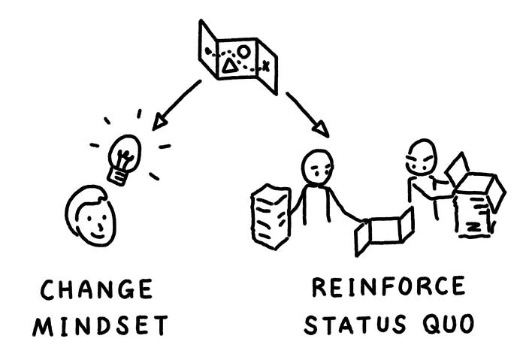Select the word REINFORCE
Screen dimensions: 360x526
388,287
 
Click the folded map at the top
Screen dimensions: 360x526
237,57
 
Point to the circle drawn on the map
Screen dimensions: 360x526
243,53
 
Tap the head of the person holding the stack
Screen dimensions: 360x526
317,167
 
